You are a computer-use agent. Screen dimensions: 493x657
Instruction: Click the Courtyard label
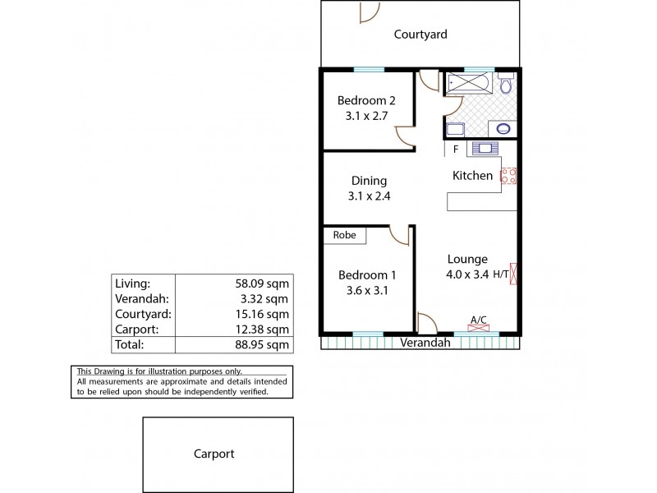[420, 35]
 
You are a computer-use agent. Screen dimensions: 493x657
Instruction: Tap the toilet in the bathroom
[507, 85]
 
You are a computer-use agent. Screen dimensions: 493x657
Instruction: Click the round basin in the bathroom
[502, 128]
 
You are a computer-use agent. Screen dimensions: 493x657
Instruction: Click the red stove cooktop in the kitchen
[508, 175]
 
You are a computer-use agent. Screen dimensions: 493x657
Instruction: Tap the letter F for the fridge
[456, 150]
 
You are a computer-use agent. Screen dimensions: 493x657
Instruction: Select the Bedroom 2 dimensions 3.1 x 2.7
[366, 116]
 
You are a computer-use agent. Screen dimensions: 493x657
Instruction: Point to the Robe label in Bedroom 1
[344, 235]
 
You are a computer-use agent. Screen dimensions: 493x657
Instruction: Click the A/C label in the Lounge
[477, 319]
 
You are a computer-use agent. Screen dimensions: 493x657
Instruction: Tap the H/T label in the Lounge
[500, 275]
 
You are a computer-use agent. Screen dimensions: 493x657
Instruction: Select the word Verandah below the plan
[425, 343]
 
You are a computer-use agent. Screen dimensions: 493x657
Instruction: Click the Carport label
[214, 454]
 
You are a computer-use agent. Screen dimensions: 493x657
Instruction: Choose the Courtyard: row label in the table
[143, 313]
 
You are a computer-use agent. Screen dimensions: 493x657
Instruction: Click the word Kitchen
[473, 176]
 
